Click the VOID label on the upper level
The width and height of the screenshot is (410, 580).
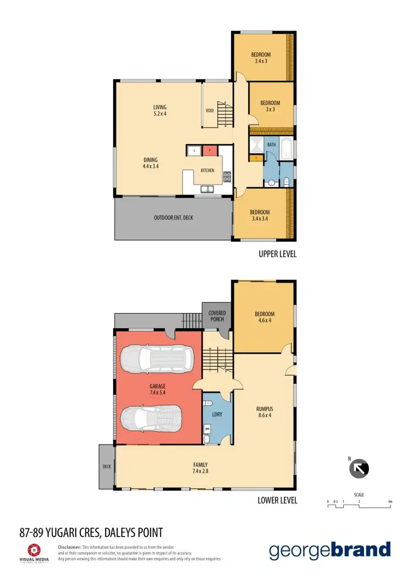209,110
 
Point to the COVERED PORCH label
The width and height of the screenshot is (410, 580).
217,317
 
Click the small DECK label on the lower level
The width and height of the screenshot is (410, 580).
107,467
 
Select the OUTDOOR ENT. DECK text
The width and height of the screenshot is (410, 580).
173,218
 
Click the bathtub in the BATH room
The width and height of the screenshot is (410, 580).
286,149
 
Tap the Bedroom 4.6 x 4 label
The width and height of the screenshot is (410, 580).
265,318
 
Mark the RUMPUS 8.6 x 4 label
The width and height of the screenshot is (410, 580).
265,411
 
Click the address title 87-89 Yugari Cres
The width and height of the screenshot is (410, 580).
91,531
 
